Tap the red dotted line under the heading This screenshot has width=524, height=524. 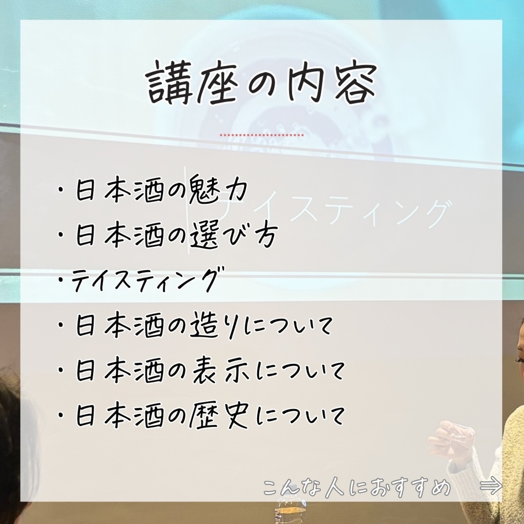pos(262,135)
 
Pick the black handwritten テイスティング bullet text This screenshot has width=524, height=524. pos(148,280)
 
